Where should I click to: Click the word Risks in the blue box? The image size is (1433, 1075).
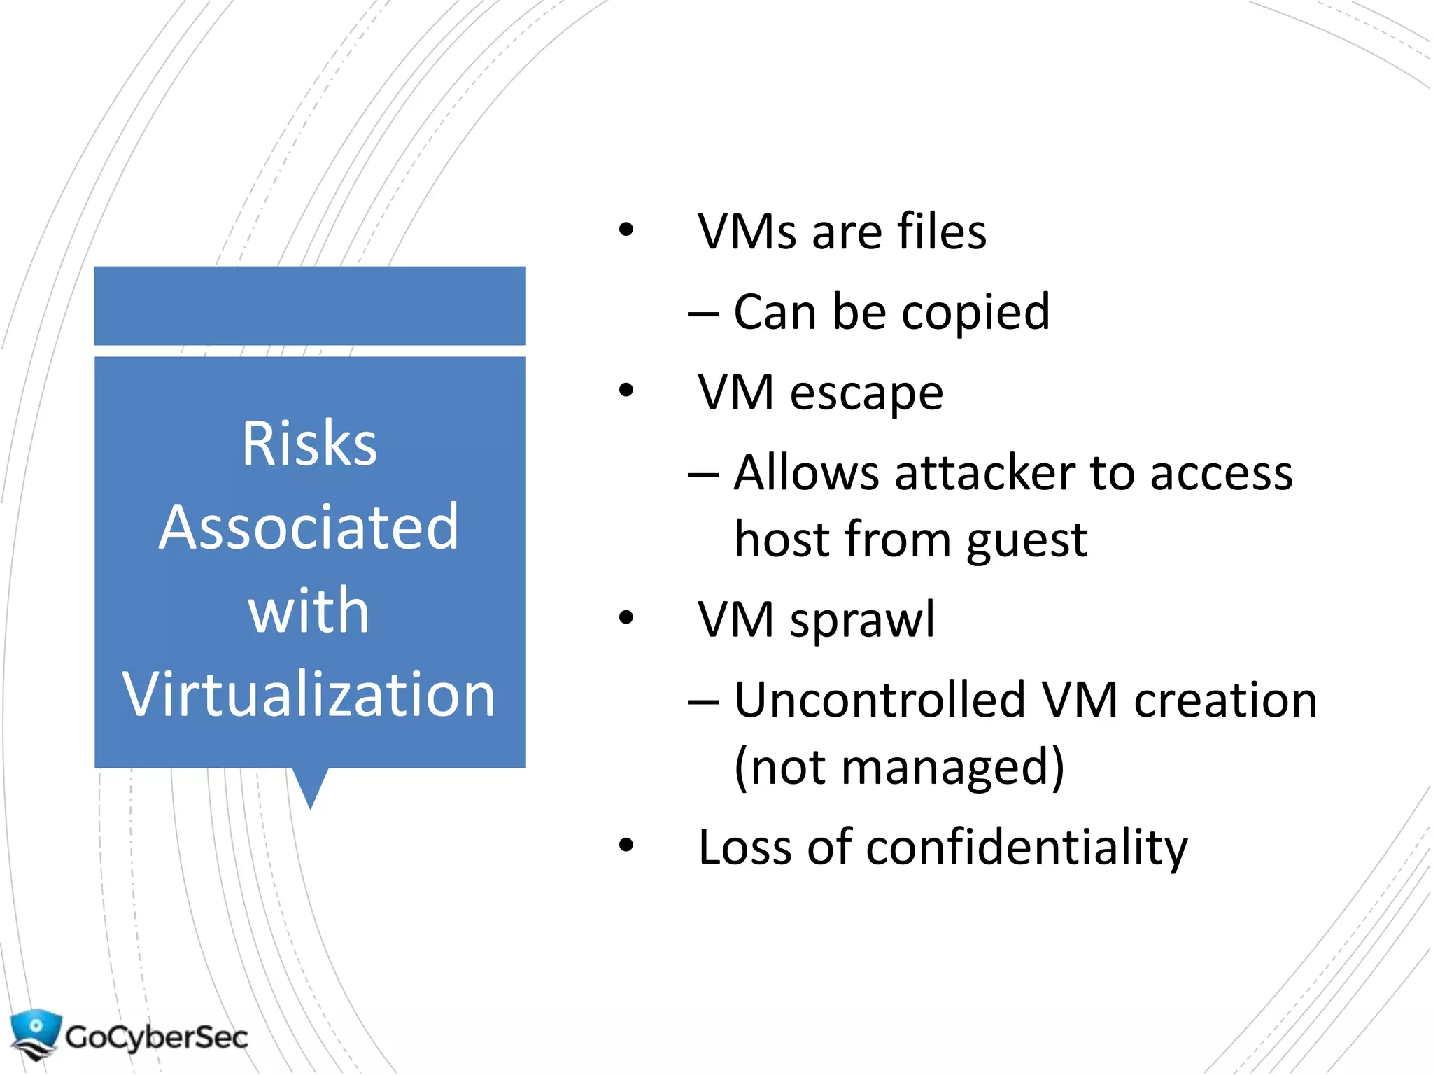click(x=309, y=444)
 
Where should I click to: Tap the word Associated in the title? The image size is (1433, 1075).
click(x=309, y=527)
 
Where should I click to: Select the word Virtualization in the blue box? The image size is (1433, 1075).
click(x=309, y=694)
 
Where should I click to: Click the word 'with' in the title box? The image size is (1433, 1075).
click(x=309, y=611)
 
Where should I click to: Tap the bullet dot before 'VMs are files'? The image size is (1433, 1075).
click(x=626, y=230)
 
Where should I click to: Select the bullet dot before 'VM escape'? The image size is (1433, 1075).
click(x=626, y=391)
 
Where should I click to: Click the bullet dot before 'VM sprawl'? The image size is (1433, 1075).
click(x=626, y=618)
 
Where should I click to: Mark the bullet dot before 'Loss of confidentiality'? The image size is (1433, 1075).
click(x=626, y=845)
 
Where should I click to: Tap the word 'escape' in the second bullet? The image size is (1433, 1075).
click(x=866, y=393)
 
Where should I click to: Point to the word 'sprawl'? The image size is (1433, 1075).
click(x=862, y=621)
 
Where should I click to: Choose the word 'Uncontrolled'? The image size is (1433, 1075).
click(x=880, y=700)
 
